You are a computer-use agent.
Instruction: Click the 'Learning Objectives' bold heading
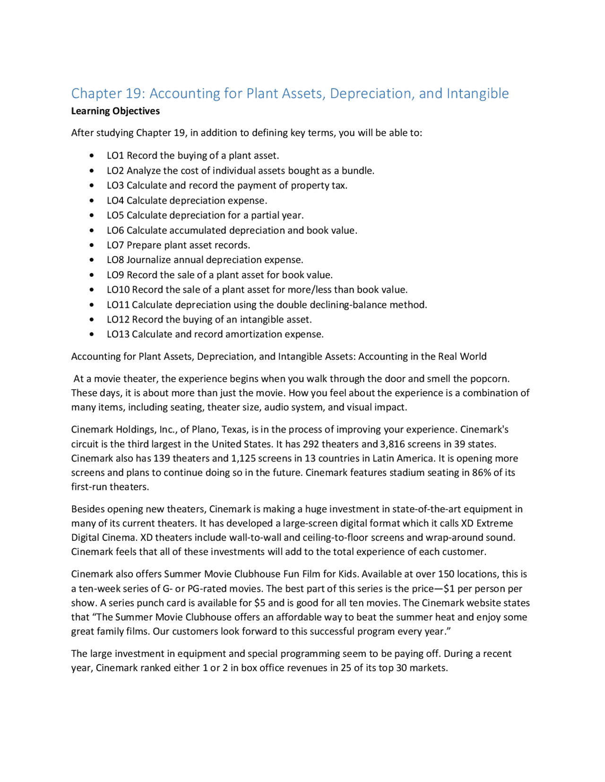[x=115, y=111]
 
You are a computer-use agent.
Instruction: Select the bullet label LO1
[x=115, y=155]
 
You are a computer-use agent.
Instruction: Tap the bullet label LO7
[x=115, y=245]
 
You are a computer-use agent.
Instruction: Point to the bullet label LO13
[x=118, y=334]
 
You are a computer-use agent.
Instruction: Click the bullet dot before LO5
[x=92, y=215]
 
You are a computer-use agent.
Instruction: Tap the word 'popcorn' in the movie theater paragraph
[x=490, y=379]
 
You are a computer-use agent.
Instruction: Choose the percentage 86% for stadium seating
[x=481, y=473]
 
